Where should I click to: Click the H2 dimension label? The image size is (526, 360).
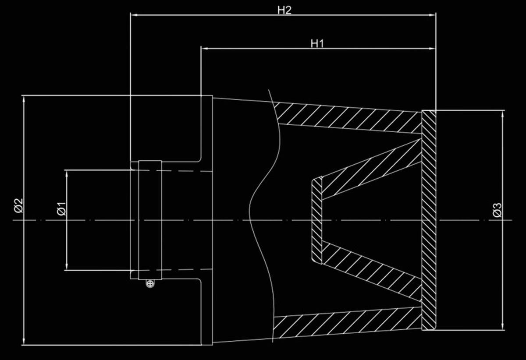pos(284,10)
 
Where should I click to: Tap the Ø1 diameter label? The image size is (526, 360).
pos(61,208)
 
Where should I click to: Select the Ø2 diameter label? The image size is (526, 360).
pos(18,205)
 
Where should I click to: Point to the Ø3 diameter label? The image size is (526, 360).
pos(497,210)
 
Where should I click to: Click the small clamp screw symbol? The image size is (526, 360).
pos(150,283)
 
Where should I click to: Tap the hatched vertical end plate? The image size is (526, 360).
pos(429,219)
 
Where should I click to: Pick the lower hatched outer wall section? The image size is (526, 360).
pos(346,322)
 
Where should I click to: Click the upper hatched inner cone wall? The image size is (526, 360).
pos(368,169)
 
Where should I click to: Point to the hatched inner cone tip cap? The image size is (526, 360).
pos(317,219)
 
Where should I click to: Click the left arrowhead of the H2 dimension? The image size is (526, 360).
pos(133,14)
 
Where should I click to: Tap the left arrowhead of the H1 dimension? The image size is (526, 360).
pos(204,48)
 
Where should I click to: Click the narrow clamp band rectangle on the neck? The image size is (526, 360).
pos(150,219)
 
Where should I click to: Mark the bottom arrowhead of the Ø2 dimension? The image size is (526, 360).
pos(24,342)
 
